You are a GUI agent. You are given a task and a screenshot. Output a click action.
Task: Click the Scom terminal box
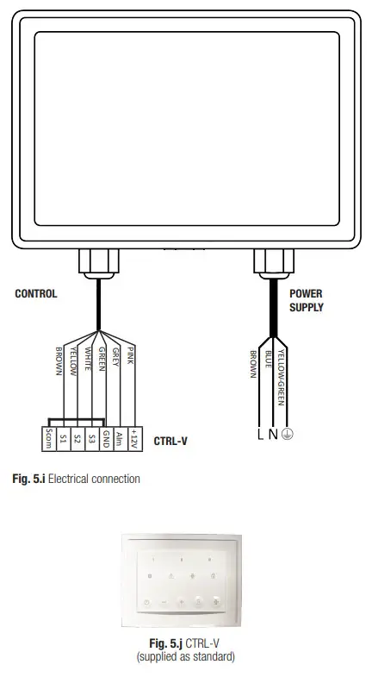(48, 438)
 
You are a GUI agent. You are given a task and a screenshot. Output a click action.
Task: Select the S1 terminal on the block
(63, 438)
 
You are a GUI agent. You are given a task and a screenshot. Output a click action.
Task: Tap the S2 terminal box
(77, 438)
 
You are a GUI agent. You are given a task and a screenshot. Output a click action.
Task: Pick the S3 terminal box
(91, 438)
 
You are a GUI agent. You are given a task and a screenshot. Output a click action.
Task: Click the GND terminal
(105, 438)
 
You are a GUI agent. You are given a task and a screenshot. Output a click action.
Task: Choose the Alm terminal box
(120, 438)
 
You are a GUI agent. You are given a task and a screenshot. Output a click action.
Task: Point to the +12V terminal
(133, 438)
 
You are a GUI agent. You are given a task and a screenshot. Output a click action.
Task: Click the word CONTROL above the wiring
(36, 294)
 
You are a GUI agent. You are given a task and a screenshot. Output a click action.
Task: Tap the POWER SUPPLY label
(307, 300)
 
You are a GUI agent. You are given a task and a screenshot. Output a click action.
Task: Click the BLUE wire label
(269, 360)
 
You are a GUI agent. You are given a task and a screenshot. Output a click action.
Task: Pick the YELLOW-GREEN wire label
(282, 375)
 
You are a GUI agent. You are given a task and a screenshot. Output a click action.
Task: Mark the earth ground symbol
(287, 435)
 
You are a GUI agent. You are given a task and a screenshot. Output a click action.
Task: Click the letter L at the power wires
(260, 435)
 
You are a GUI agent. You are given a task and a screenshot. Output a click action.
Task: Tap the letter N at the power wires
(273, 435)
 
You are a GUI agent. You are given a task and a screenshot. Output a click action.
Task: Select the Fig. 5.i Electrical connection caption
(76, 479)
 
